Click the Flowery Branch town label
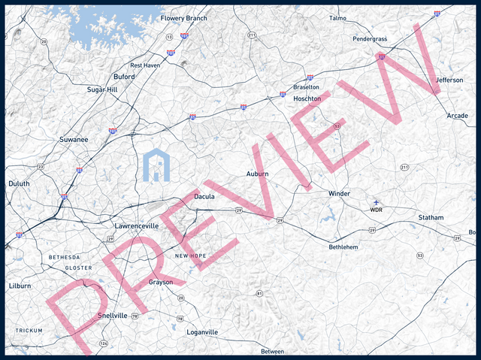click(183, 18)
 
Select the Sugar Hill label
click(102, 89)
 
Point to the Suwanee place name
click(74, 140)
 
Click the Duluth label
click(19, 183)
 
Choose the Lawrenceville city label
click(137, 225)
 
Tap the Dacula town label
click(204, 197)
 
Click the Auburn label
click(257, 174)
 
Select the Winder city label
click(339, 194)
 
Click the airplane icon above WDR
click(376, 202)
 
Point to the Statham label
click(431, 218)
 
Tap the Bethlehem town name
click(343, 247)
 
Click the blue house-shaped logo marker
click(157, 165)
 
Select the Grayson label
click(161, 283)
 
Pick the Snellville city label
click(113, 316)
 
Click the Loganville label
click(201, 332)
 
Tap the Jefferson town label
click(449, 80)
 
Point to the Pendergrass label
click(369, 39)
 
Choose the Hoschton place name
click(307, 98)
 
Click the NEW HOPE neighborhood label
click(190, 256)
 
